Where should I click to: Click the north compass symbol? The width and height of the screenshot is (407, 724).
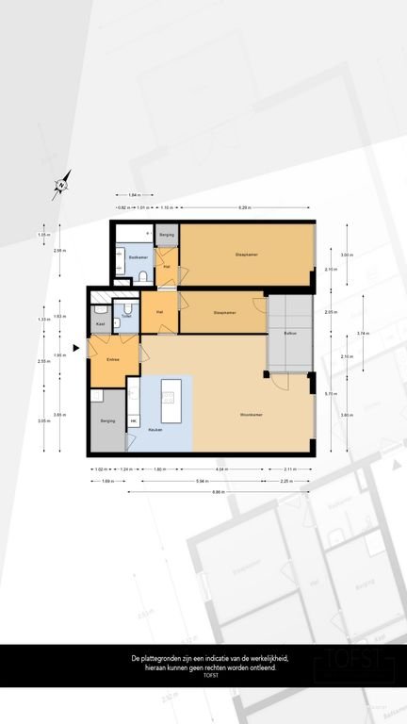(x=61, y=185)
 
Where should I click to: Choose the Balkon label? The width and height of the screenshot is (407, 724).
(x=291, y=333)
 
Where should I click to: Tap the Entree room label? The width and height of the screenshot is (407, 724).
(x=112, y=359)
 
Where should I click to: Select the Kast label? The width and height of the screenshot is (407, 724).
(x=100, y=323)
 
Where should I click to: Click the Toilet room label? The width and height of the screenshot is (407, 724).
(x=125, y=316)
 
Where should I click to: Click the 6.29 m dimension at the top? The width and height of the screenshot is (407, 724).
(x=243, y=206)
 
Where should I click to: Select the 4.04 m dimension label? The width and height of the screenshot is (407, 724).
(x=220, y=469)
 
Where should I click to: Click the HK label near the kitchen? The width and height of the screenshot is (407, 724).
(x=133, y=420)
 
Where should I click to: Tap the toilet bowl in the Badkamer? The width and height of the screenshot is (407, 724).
(x=139, y=274)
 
